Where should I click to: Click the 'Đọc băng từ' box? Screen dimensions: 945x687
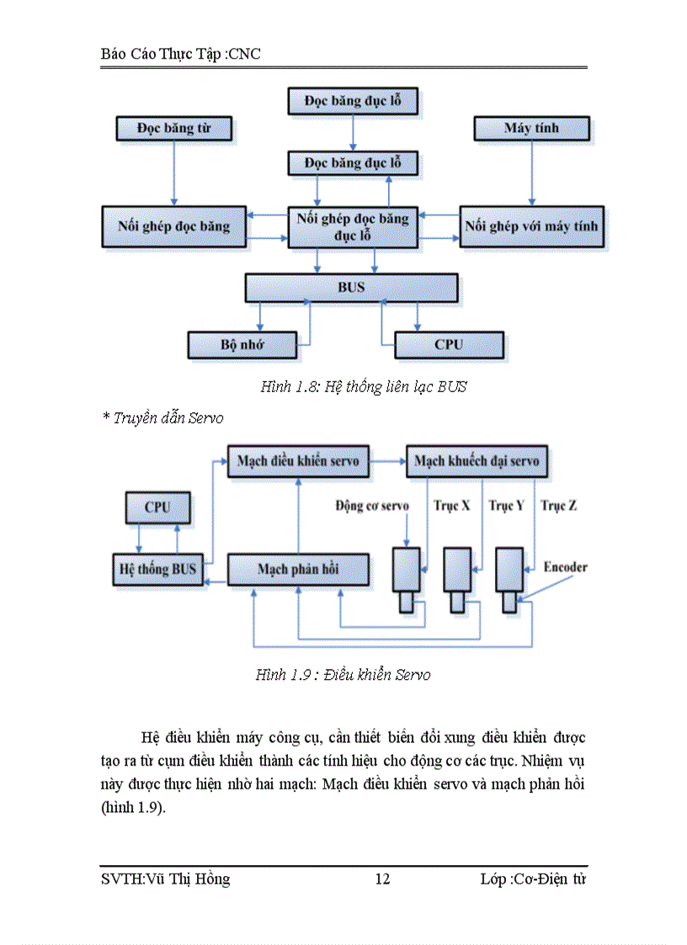[x=173, y=129]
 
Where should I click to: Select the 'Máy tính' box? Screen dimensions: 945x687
[x=531, y=129]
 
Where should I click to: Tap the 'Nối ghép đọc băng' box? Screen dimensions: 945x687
[x=174, y=226]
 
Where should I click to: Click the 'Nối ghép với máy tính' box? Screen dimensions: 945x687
[x=531, y=226]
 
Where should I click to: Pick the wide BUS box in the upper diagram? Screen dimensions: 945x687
[x=351, y=287]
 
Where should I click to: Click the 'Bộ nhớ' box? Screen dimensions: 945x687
[x=242, y=344]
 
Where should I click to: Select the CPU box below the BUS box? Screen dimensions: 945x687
[x=449, y=344]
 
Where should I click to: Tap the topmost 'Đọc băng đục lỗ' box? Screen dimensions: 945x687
[x=353, y=101]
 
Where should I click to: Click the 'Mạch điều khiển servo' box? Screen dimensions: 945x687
[x=298, y=461]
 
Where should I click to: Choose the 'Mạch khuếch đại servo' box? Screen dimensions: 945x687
[x=477, y=461]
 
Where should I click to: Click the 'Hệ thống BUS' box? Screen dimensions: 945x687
[x=157, y=569]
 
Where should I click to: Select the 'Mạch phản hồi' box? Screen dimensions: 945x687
[x=298, y=569]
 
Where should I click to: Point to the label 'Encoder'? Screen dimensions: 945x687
[x=565, y=567]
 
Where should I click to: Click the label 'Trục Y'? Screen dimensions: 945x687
[x=506, y=506]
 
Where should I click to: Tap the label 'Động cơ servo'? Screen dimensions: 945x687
[x=372, y=506]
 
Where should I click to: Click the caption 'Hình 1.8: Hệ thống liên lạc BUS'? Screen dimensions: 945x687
[x=363, y=387]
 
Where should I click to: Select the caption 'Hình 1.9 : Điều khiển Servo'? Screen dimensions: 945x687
[x=343, y=675]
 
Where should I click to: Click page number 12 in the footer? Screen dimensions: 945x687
[x=382, y=879]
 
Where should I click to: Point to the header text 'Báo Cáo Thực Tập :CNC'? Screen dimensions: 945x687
[x=180, y=55]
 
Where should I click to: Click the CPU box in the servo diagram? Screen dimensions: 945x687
[x=157, y=507]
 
